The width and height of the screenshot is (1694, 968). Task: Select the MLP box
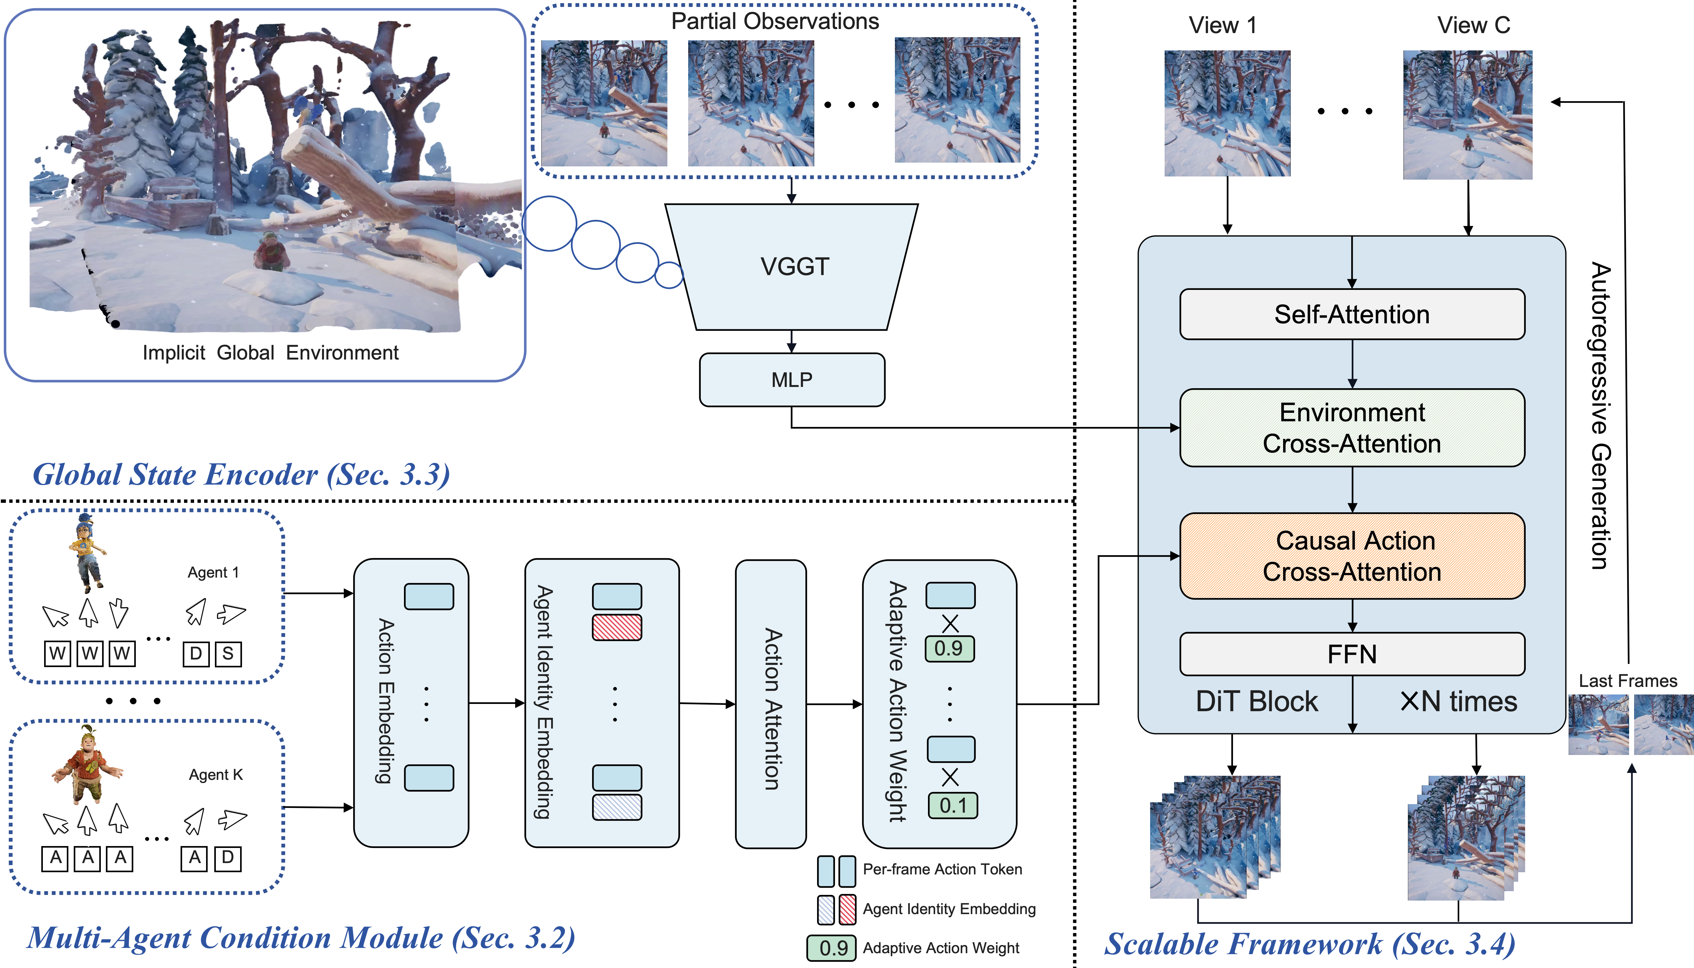[791, 380]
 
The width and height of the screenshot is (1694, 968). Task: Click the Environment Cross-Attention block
[1351, 428]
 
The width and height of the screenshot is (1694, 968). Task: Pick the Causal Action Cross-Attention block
[1351, 556]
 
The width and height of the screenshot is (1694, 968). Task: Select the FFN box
[1351, 654]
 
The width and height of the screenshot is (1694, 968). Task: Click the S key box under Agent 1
[228, 654]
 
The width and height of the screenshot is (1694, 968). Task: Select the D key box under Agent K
[228, 858]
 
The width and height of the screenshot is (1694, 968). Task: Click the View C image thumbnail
[1467, 114]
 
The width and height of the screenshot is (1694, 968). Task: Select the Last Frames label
[1628, 681]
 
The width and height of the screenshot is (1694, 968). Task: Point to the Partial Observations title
[775, 21]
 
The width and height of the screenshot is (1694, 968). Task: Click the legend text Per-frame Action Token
[942, 869]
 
